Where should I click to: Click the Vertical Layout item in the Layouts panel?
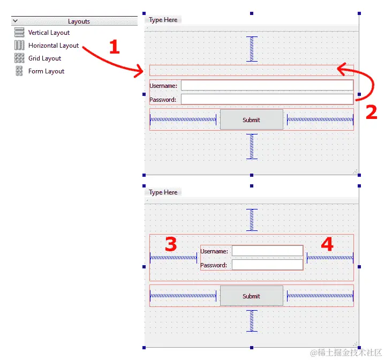coord(49,33)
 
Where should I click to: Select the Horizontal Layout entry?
coord(53,46)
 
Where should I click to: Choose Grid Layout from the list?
coord(44,58)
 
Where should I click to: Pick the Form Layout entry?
coord(46,71)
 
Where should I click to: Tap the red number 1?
coord(114,47)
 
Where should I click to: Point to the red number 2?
coord(371,111)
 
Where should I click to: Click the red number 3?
coord(171,245)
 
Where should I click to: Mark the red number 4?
coord(327,245)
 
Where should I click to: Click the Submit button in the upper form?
coord(251,119)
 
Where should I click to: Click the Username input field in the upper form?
coord(267,85)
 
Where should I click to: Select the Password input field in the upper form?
coord(267,99)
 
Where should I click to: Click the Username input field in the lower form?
coord(267,251)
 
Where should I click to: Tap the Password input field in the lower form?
coord(267,265)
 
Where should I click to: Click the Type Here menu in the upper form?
coord(163,20)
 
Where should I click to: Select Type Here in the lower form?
coord(163,192)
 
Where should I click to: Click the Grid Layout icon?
coord(19,58)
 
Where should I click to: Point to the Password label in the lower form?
coord(214,265)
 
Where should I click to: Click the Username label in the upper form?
coord(163,85)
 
